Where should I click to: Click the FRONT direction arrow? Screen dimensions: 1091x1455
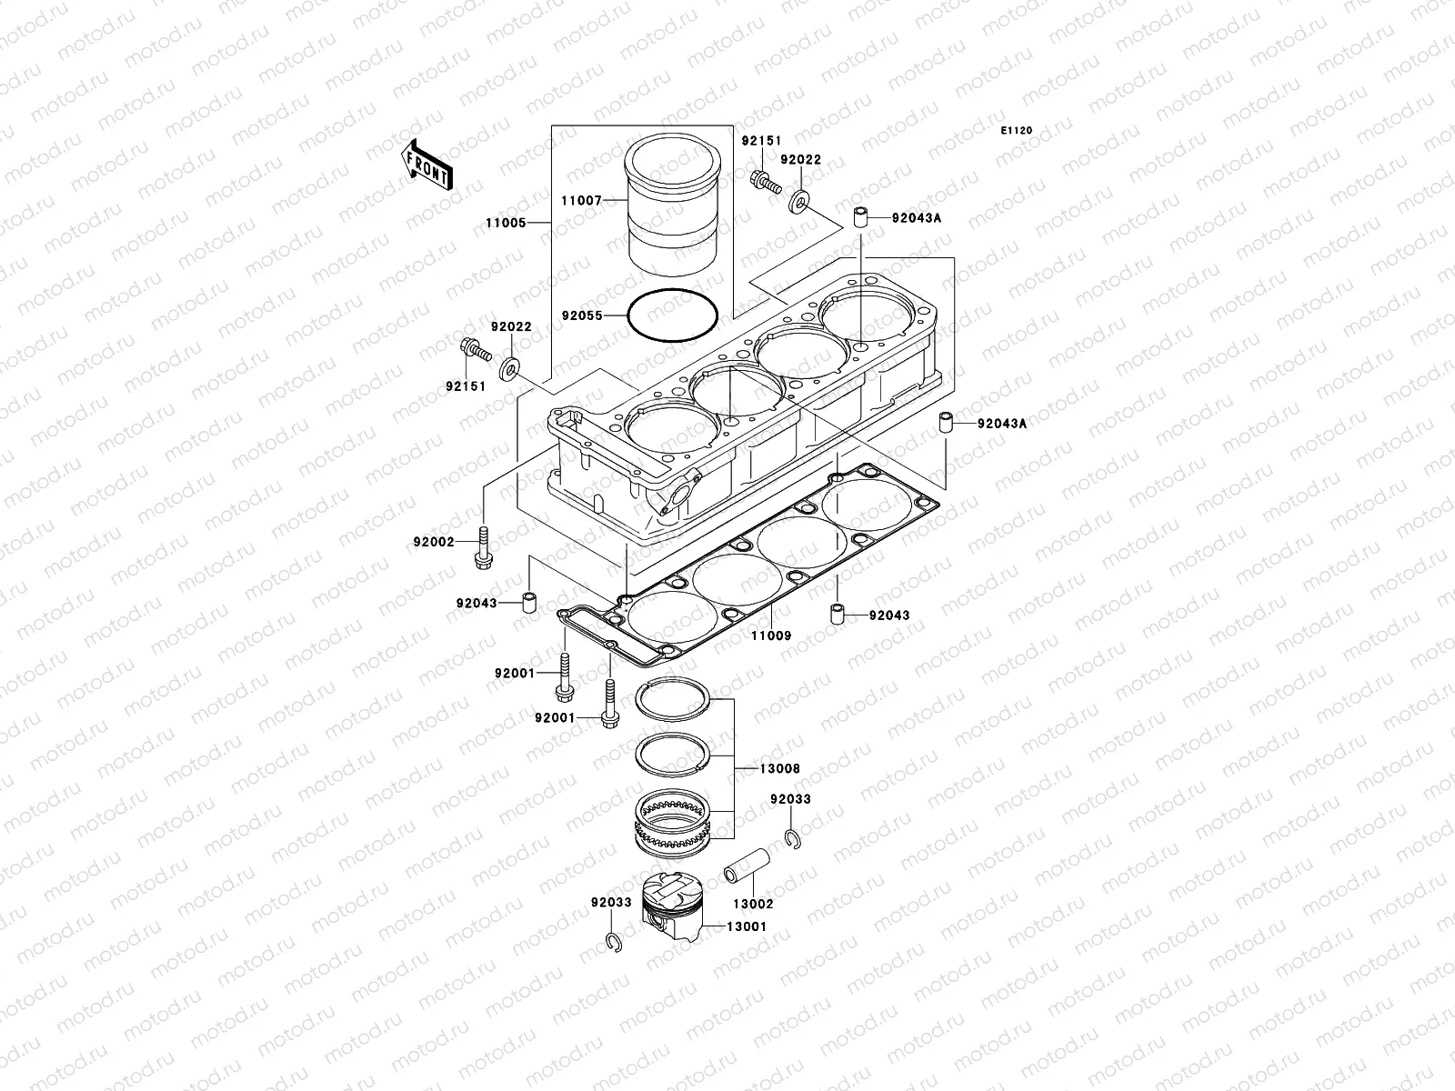[428, 163]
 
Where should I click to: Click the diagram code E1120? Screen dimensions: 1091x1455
[1017, 131]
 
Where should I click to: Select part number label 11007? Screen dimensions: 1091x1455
[581, 200]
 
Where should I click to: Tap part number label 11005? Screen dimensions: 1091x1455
[506, 222]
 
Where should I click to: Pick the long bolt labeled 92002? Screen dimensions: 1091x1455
[481, 548]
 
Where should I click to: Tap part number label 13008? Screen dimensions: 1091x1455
[779, 768]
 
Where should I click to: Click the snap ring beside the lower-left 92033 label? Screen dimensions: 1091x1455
[614, 944]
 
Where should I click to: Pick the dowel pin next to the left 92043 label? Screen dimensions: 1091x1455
[527, 604]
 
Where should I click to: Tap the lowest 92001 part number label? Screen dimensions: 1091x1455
[554, 717]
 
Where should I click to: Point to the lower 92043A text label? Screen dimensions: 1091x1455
[1002, 423]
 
